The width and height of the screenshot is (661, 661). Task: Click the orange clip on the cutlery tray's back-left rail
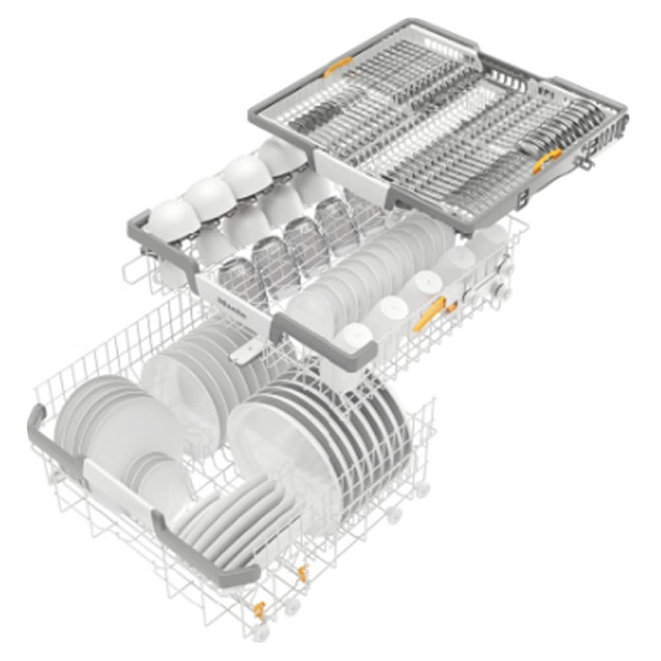(338, 65)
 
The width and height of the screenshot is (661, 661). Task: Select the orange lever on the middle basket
(430, 312)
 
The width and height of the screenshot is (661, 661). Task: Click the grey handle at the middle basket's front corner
(324, 340)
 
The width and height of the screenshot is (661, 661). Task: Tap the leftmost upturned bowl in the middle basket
(172, 221)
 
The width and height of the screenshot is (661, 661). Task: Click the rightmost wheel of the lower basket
(423, 489)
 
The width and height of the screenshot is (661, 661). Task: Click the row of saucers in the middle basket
(370, 271)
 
